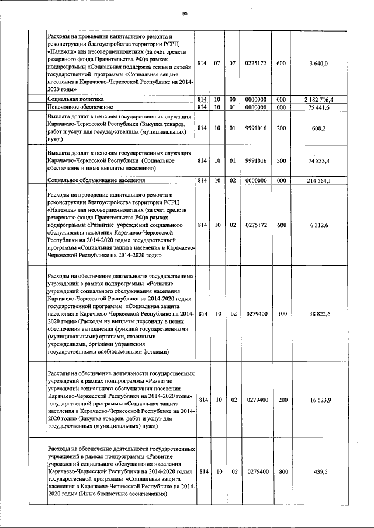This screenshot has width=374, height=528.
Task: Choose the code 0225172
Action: click(x=256, y=63)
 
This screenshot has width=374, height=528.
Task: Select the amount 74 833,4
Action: click(x=320, y=160)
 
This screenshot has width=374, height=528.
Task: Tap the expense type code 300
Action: click(x=281, y=160)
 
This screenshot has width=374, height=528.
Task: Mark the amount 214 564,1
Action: click(x=320, y=181)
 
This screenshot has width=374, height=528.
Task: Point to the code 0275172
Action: click(x=256, y=224)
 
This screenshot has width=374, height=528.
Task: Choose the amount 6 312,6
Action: click(x=320, y=224)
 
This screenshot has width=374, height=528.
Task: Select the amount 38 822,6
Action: click(x=320, y=314)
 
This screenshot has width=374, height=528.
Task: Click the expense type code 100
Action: click(x=281, y=314)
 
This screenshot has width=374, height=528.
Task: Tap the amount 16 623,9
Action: click(x=320, y=400)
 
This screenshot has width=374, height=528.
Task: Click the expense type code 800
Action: click(x=281, y=471)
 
